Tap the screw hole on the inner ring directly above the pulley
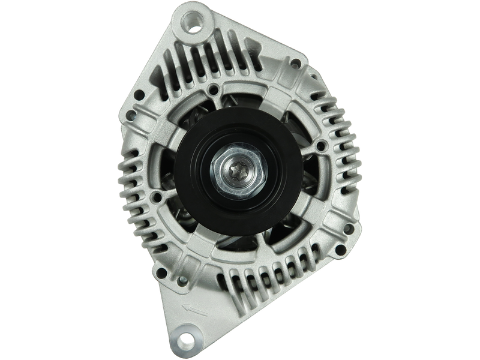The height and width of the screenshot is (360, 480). [214, 90]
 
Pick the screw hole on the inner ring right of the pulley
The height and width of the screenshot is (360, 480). [320, 145]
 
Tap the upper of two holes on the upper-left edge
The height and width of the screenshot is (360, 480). [139, 94]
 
